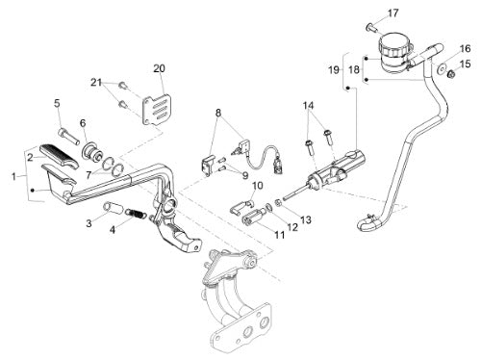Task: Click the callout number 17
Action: pos(392,13)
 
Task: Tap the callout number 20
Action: pos(159,68)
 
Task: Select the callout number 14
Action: pos(309,105)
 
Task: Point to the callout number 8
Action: pos(218,113)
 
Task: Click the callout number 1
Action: pos(13,176)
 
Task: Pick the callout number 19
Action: pos(334,69)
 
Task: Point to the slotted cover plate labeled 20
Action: pos(157,109)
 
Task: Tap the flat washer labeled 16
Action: pos(443,67)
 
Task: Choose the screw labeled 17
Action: pos(372,29)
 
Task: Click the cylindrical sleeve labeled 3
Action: pos(113,207)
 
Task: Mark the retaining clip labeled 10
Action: pos(241,206)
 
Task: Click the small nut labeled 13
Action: pos(279,203)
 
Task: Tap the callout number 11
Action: pos(280,235)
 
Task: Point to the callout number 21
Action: pos(96,83)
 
